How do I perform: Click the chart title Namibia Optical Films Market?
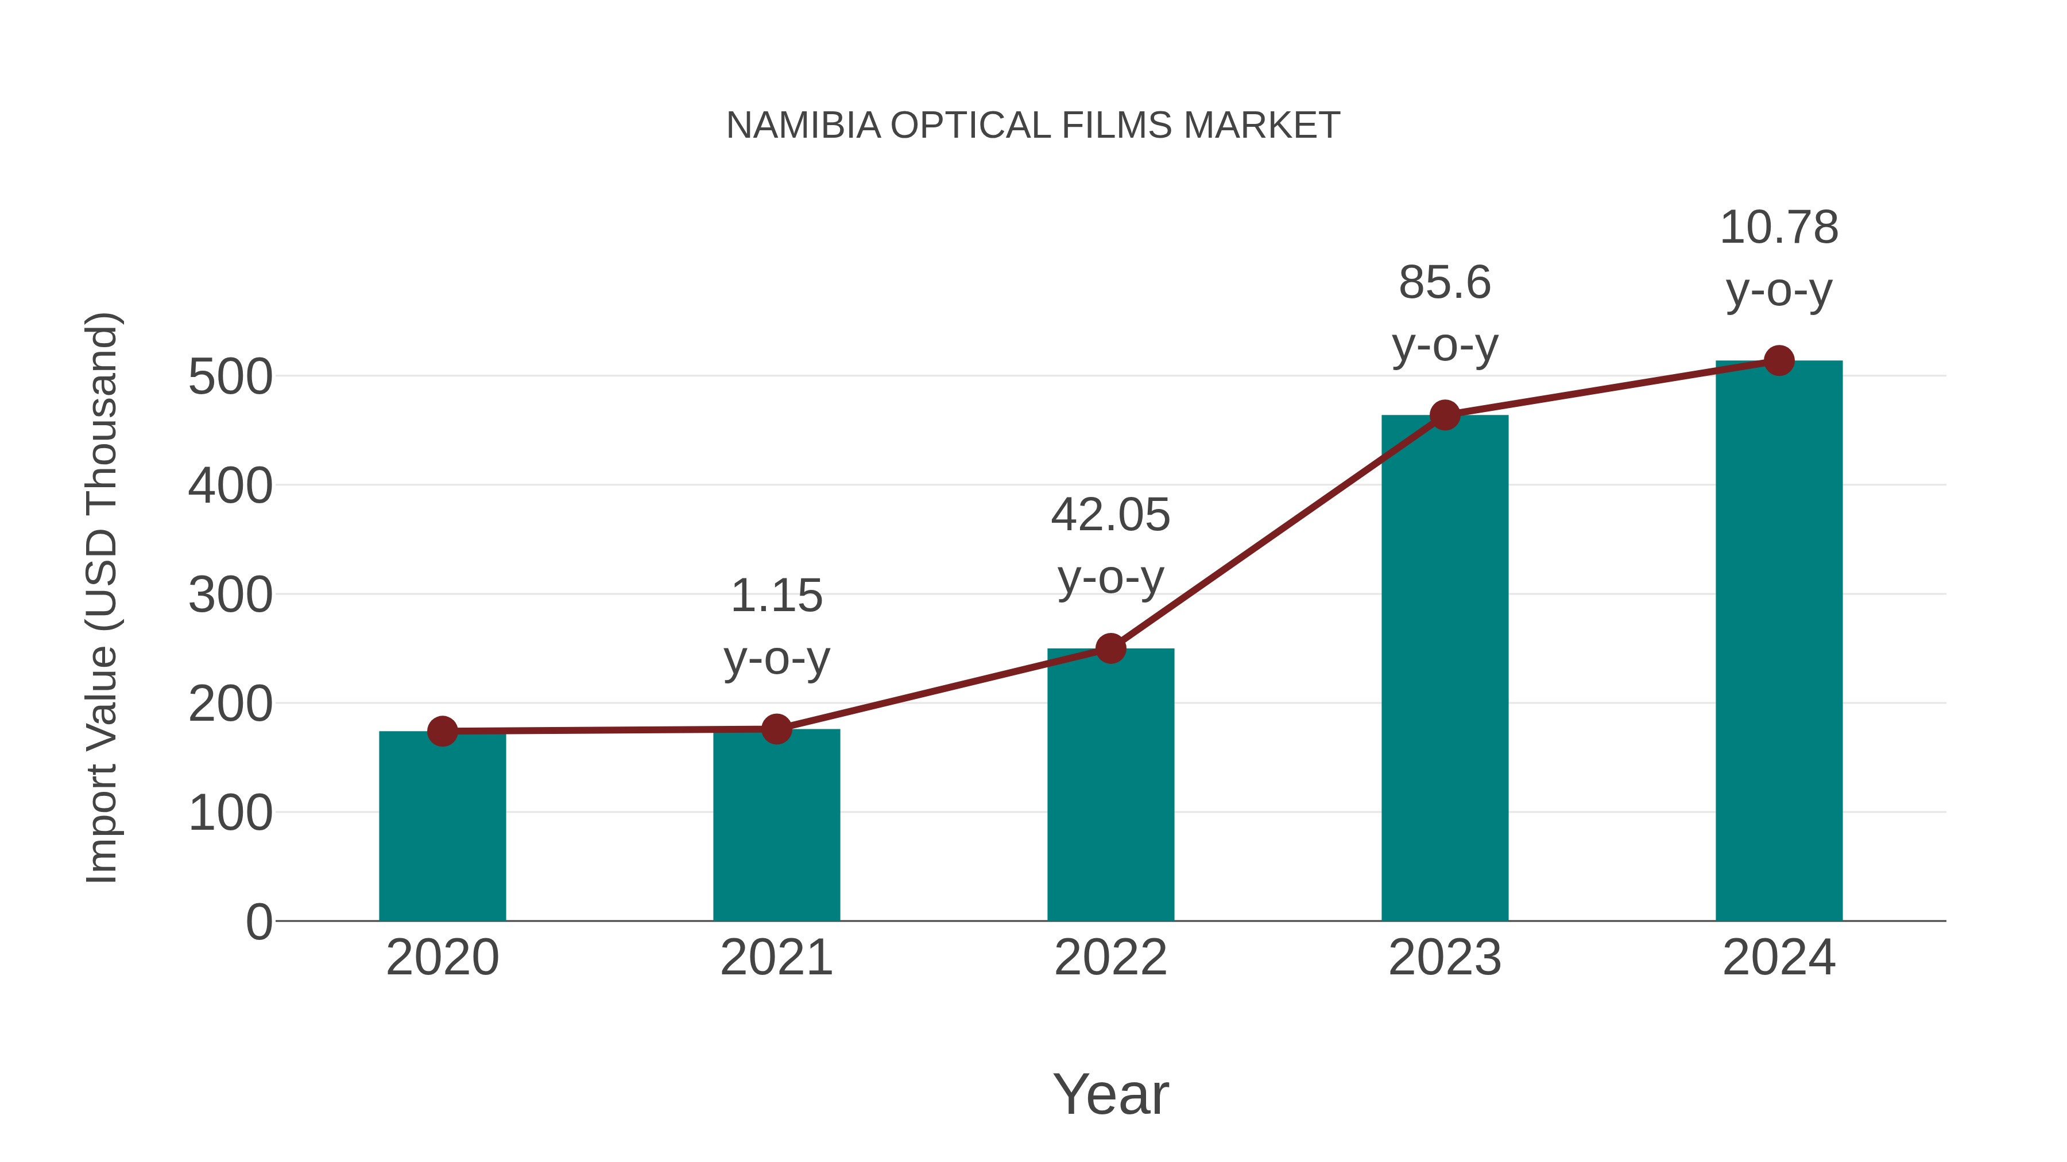click(1033, 126)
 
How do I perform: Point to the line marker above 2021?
click(776, 729)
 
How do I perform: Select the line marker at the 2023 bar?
click(1445, 415)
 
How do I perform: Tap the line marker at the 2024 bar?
click(1779, 361)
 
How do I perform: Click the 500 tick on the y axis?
click(230, 377)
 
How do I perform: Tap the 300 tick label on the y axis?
click(230, 595)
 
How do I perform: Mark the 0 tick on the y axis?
click(258, 922)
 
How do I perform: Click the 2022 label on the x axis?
click(1110, 958)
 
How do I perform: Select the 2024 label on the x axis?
click(1779, 958)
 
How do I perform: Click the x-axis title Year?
click(1110, 1094)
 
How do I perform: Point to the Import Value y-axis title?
click(103, 597)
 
